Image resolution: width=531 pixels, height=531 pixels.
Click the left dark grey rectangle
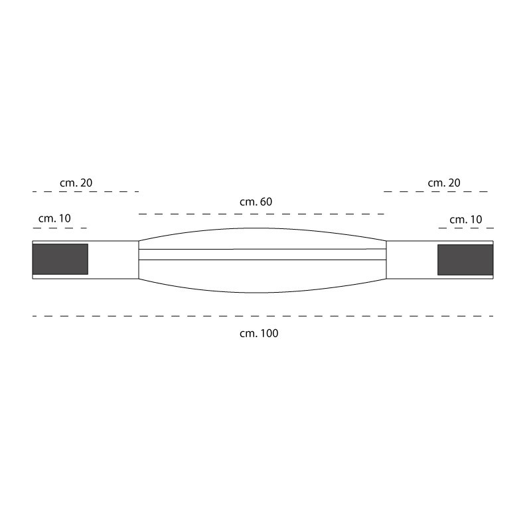pyautogui.click(x=60, y=259)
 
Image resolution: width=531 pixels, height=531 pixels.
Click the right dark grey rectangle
pyautogui.click(x=465, y=260)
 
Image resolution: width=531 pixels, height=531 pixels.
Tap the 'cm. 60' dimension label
pyautogui.click(x=256, y=202)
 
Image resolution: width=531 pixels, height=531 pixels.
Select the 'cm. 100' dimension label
pyautogui.click(x=259, y=333)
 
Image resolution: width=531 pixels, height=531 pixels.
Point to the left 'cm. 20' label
pyautogui.click(x=76, y=183)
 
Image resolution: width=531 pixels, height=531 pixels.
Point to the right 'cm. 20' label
pyautogui.click(x=444, y=183)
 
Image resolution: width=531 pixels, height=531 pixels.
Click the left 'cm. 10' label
pyautogui.click(x=54, y=218)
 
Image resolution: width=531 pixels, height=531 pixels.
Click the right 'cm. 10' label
pyautogui.click(x=466, y=220)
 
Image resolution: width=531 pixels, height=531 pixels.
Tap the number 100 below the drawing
pyautogui.click(x=269, y=333)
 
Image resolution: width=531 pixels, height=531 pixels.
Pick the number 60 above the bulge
pyautogui.click(x=266, y=202)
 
